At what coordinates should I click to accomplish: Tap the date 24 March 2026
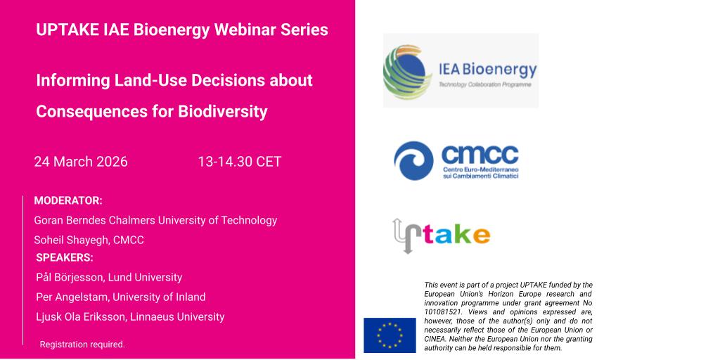[x=81, y=162]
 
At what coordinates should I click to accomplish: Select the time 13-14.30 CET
[x=239, y=162]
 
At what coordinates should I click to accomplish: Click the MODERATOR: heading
[x=68, y=200]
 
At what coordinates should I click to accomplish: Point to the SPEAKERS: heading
[x=64, y=257]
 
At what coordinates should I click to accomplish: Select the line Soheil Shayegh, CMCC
[x=89, y=240]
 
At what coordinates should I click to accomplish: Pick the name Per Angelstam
[x=72, y=297]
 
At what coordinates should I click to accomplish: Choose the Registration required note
[x=82, y=345]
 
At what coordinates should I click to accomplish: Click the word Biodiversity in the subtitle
[x=223, y=112]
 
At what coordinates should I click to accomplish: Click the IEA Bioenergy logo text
[x=487, y=70]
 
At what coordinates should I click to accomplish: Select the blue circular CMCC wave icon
[x=413, y=161]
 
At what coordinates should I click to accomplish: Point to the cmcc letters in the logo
[x=480, y=155]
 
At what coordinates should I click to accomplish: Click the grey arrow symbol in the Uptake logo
[x=403, y=236]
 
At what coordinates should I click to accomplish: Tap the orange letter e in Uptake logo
[x=481, y=236]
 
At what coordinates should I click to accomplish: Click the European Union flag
[x=390, y=335]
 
